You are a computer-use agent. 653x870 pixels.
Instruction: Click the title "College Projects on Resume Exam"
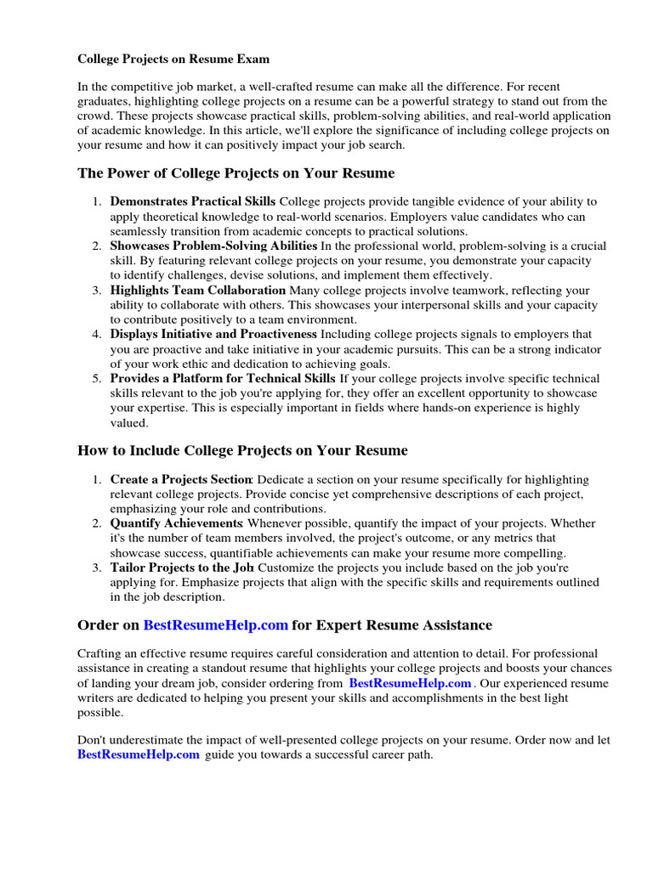coord(173,59)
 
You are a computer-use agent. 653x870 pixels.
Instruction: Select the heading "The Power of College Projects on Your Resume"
coord(236,173)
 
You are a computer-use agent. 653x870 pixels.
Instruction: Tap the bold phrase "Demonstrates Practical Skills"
coord(193,202)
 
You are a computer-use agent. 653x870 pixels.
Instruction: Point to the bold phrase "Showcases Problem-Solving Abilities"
coord(213,246)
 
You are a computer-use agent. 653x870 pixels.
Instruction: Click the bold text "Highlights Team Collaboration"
coord(198,291)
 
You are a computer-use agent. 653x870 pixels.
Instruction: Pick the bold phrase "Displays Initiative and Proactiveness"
coord(213,335)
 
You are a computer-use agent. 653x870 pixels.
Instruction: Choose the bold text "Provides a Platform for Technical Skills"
coord(223,379)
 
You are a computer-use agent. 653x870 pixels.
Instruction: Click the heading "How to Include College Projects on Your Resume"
coord(242,450)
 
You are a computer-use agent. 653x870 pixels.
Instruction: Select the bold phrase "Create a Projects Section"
coord(181,480)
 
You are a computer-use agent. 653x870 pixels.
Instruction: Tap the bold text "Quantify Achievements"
coord(176,524)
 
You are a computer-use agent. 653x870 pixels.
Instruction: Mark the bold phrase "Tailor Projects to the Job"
coord(182,568)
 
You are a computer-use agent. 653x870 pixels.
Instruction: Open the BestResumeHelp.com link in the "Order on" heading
coord(216,625)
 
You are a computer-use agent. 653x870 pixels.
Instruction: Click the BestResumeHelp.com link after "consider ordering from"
coord(410,683)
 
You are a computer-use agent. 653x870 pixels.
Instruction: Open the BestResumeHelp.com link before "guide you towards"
coord(139,754)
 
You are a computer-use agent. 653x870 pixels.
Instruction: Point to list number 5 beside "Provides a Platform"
coord(97,379)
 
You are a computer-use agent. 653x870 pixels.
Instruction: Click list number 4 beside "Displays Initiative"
coord(97,335)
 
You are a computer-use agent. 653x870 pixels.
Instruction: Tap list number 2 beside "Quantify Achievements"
coord(97,524)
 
